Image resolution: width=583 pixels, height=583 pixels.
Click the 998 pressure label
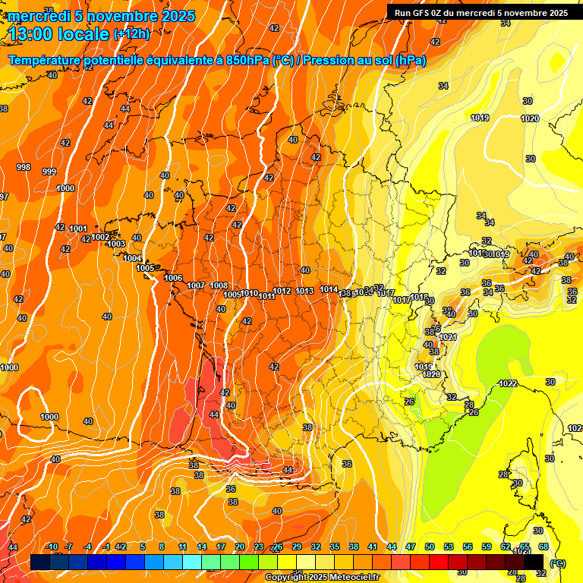pyautogui.click(x=24, y=167)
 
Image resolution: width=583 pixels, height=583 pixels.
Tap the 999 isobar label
pyautogui.click(x=49, y=172)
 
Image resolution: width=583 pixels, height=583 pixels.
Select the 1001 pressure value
pyautogui.click(x=77, y=228)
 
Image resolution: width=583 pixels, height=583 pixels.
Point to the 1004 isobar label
pyautogui.click(x=132, y=258)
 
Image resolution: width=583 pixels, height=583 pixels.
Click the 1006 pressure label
pyautogui.click(x=173, y=278)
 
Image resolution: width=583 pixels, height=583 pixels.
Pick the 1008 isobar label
pyautogui.click(x=219, y=285)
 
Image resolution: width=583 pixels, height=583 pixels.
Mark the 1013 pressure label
pyautogui.click(x=305, y=291)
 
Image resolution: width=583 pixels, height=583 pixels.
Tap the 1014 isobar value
pyautogui.click(x=329, y=289)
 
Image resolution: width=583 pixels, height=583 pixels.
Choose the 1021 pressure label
pyautogui.click(x=448, y=337)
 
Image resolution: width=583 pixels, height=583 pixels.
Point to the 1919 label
pyautogui.click(x=479, y=118)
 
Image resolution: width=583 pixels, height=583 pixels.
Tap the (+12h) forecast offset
pyautogui.click(x=131, y=33)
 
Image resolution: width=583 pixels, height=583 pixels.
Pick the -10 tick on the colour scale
pyautogui.click(x=52, y=547)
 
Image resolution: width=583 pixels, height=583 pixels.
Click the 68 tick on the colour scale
pyautogui.click(x=544, y=547)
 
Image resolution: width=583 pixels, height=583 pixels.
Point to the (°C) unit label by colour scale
pyautogui.click(x=558, y=563)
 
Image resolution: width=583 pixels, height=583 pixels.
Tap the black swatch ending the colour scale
pyautogui.click(x=534, y=562)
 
